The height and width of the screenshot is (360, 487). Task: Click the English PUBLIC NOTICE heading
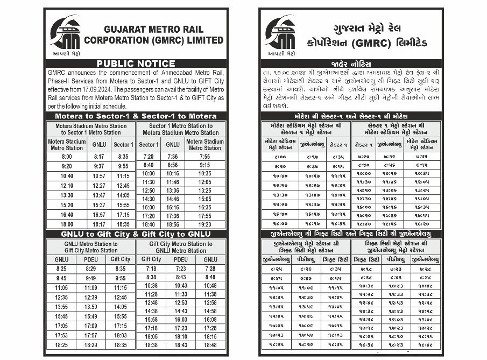click(x=136, y=63)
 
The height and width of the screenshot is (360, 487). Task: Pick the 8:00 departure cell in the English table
click(x=67, y=157)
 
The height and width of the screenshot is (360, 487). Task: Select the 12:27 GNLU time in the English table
click(x=99, y=185)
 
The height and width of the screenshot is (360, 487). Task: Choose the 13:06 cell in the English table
click(x=173, y=190)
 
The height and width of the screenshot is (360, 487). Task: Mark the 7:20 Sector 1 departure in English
click(x=149, y=157)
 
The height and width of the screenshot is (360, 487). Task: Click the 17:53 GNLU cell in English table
click(x=61, y=335)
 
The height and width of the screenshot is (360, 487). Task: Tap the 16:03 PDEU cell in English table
click(x=181, y=320)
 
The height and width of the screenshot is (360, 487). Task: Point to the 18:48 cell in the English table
click(x=210, y=345)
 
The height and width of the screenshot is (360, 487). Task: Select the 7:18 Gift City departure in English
click(x=151, y=269)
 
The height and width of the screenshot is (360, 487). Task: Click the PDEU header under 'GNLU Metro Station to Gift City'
click(x=91, y=259)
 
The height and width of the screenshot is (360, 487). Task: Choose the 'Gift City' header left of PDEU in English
click(x=151, y=259)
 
